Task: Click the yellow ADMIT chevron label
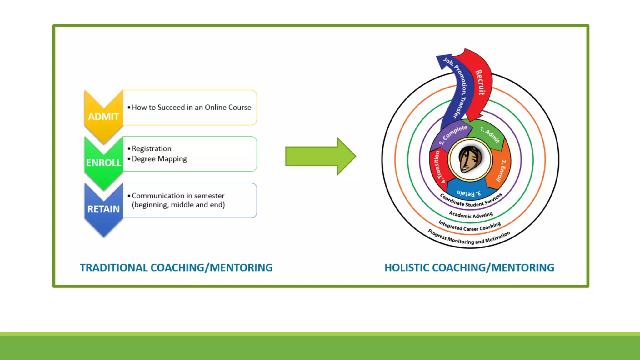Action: (x=103, y=117)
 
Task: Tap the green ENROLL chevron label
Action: (x=103, y=163)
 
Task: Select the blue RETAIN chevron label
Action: (x=103, y=209)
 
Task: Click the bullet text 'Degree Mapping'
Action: (x=159, y=159)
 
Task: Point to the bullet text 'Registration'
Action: (x=152, y=148)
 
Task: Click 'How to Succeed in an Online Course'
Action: (x=191, y=107)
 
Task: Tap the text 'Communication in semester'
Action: (x=178, y=196)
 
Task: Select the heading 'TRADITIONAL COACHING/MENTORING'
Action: (x=176, y=268)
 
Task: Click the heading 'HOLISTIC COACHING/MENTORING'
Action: (x=469, y=268)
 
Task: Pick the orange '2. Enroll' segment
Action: (x=501, y=170)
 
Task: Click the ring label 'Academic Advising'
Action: (x=471, y=215)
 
